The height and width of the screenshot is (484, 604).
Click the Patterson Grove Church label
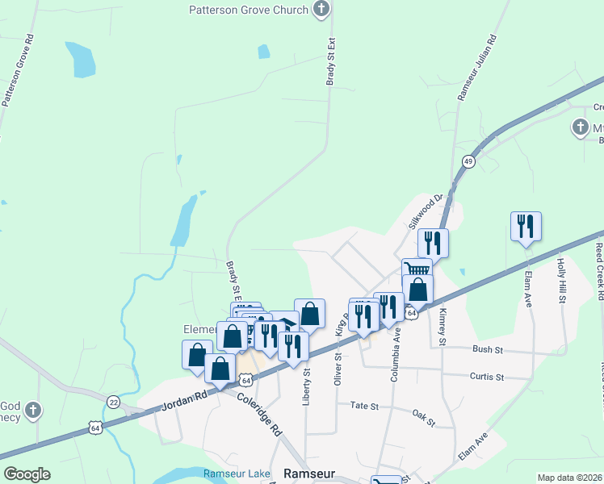coord(249,10)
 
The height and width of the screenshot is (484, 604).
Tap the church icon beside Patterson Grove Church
coord(321,10)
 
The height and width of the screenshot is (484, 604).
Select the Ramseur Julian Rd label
coord(477,68)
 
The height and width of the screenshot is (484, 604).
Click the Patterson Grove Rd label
coord(18,71)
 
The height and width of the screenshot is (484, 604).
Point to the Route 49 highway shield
coord(468,161)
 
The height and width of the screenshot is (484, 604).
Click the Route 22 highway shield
coord(113,402)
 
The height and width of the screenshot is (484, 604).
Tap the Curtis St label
coord(487,377)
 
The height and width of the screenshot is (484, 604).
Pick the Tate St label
coord(364,407)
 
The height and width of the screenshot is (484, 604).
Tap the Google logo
coord(27,474)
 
